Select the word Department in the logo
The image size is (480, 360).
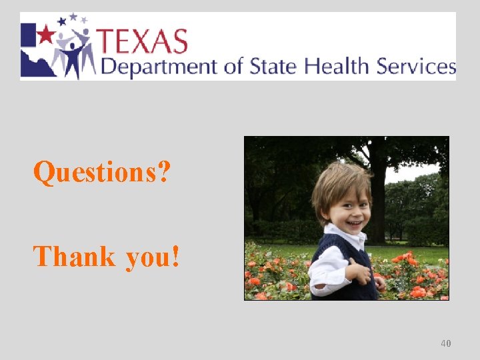pos(158,67)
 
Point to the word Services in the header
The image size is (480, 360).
pos(416,66)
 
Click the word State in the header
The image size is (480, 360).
pos(273,66)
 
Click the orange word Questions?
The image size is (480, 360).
pos(102,173)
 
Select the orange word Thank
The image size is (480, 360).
pos(74,256)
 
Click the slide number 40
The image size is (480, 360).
pos(446,343)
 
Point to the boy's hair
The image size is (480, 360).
pos(341,180)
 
